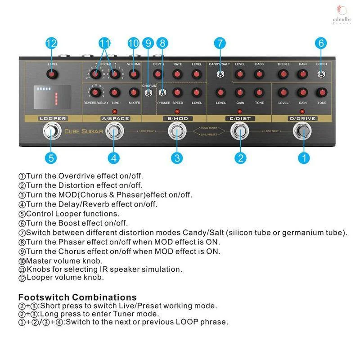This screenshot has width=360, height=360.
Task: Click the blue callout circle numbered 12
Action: (51, 44)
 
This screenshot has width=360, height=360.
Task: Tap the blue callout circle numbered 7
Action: (219, 44)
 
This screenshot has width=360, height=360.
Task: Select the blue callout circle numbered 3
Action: (177, 157)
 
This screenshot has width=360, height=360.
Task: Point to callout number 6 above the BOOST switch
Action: (321, 44)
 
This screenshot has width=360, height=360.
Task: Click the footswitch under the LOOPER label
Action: (51, 132)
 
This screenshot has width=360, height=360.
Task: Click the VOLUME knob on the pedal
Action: (134, 74)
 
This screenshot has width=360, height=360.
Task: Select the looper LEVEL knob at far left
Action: (53, 74)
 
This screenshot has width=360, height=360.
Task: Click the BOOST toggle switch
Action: (321, 74)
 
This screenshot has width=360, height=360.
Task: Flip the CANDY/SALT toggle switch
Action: (220, 74)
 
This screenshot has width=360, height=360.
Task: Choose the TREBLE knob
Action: (283, 74)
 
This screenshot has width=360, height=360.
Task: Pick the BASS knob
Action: (259, 74)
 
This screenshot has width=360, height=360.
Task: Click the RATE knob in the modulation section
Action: (177, 74)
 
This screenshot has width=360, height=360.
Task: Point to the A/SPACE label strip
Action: (115, 119)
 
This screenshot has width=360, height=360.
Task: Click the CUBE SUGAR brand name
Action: (84, 131)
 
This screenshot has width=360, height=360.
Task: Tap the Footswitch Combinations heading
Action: (77, 297)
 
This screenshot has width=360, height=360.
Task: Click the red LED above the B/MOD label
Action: (177, 111)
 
